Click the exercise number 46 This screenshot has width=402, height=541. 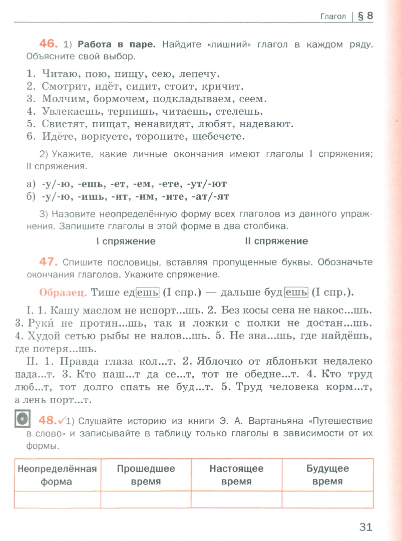(49, 44)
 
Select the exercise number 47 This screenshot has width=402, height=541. (49, 262)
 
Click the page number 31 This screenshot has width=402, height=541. (366, 526)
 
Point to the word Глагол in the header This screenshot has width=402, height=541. (333, 17)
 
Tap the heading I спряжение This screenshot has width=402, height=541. (126, 241)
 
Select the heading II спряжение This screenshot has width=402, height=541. (276, 241)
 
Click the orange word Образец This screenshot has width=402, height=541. (62, 292)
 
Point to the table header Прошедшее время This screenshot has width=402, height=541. (146, 475)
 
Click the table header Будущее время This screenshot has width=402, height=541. (327, 475)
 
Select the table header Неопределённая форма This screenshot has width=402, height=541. (57, 475)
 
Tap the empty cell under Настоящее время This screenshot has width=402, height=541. (236, 499)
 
